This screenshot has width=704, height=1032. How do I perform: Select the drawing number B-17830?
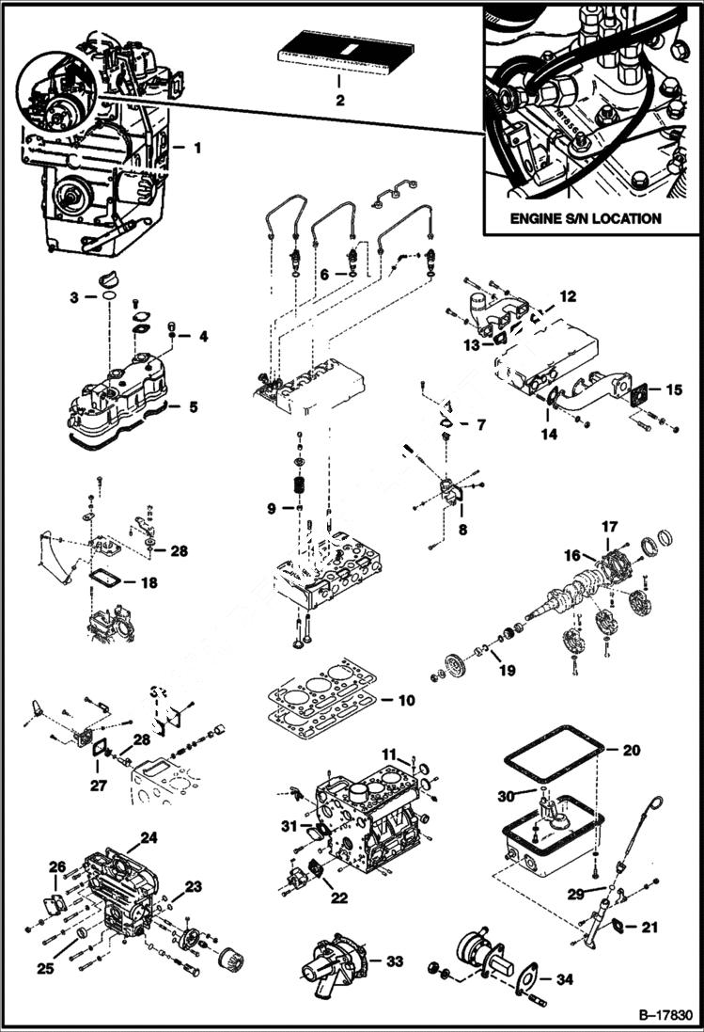pos(664,1016)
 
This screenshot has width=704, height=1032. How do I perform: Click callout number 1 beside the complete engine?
pos(197,148)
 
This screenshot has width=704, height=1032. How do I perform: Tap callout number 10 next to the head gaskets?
pos(405,701)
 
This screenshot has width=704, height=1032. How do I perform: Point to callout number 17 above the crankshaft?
pos(610,528)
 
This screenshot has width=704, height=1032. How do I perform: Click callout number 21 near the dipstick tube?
pos(649,928)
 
